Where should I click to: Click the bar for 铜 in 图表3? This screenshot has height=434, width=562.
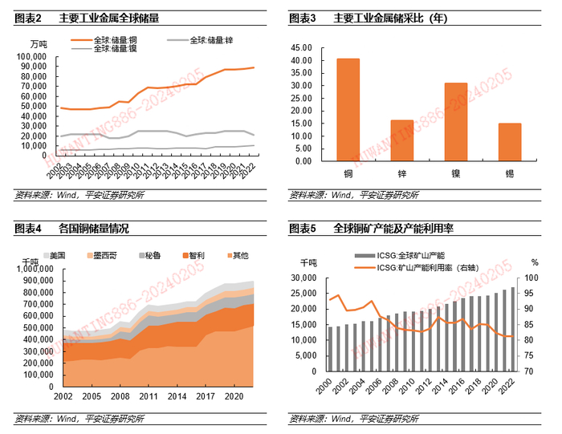point(348,110)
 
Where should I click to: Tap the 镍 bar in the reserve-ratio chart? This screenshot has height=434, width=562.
point(456,122)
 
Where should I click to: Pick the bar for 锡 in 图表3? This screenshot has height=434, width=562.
point(510,142)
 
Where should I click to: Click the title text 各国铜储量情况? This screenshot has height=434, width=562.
point(94,229)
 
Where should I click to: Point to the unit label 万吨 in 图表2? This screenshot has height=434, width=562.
point(38,43)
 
